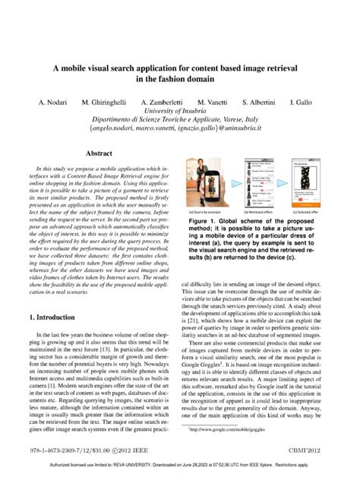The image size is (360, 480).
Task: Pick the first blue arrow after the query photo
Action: click(236, 182)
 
